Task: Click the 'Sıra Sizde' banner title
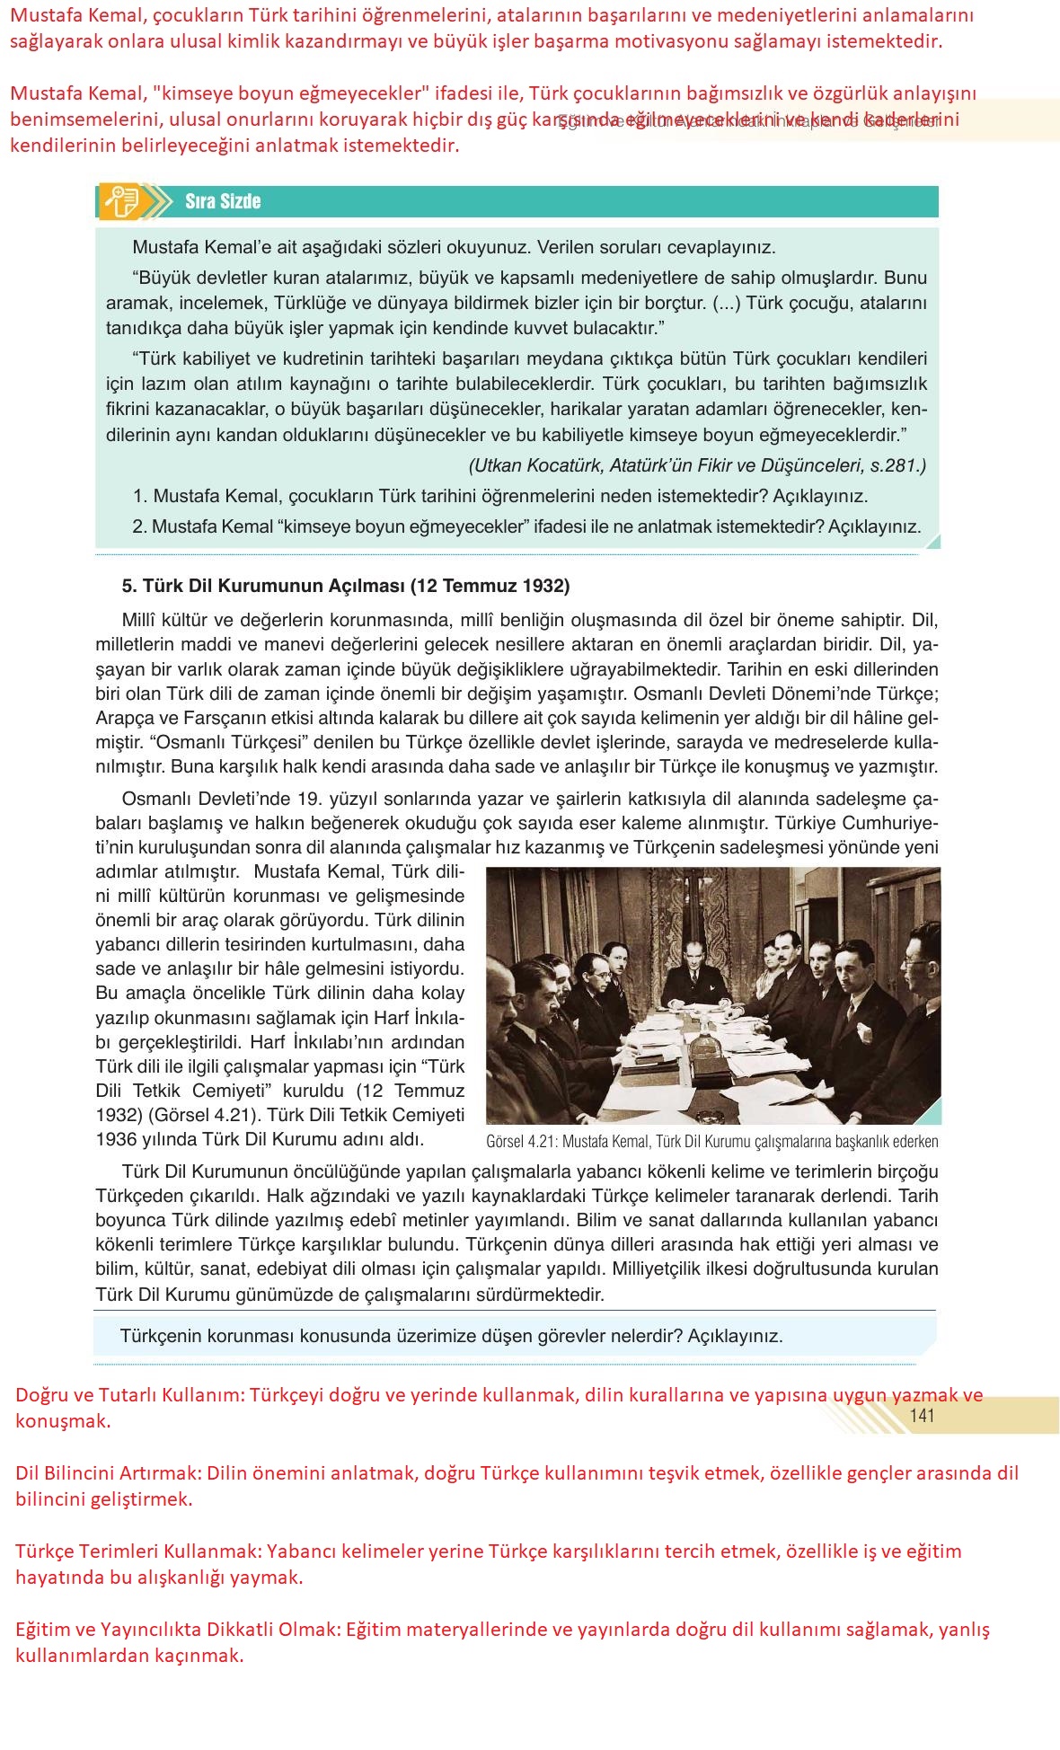click(x=223, y=201)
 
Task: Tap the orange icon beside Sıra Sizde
click(x=120, y=201)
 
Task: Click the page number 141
click(x=922, y=1416)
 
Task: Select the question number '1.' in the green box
click(x=140, y=496)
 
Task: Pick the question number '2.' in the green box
click(x=139, y=526)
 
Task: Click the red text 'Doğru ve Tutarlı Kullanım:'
click(x=129, y=1395)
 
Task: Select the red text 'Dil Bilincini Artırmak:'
click(x=109, y=1473)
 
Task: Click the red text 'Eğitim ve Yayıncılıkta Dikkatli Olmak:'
click(x=178, y=1630)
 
